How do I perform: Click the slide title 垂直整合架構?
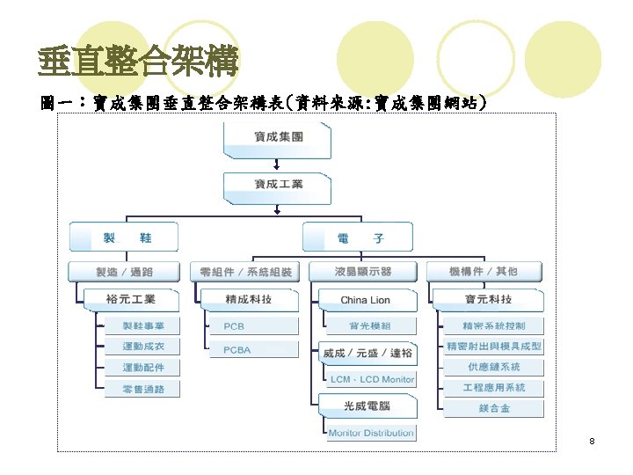click(138, 62)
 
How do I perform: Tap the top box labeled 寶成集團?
click(278, 137)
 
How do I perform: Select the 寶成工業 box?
click(278, 185)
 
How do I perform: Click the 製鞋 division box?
click(124, 237)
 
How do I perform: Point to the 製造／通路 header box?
click(124, 271)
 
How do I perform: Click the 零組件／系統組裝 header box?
click(246, 271)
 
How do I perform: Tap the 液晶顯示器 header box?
click(364, 271)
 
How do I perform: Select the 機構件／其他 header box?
click(484, 271)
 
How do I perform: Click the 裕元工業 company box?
click(131, 299)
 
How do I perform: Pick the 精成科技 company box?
click(249, 299)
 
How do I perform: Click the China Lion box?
click(366, 300)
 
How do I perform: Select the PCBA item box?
click(237, 350)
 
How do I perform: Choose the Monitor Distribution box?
click(371, 433)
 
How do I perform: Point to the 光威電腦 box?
click(367, 406)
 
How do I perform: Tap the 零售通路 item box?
click(142, 389)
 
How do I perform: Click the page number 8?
click(593, 440)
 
